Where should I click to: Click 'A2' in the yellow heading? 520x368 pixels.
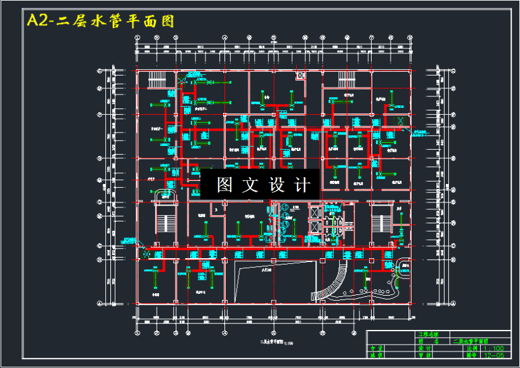(37, 21)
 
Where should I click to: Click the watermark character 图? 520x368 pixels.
(225, 185)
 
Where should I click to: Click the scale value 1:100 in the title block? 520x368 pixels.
(494, 348)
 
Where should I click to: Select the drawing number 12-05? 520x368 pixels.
(494, 355)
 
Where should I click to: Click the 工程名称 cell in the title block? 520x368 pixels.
(429, 334)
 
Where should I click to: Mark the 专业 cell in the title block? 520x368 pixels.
(377, 348)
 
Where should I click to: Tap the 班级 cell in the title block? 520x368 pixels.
(377, 355)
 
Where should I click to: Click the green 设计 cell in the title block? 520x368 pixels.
(425, 348)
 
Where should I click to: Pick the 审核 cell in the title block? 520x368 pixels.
(425, 355)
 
